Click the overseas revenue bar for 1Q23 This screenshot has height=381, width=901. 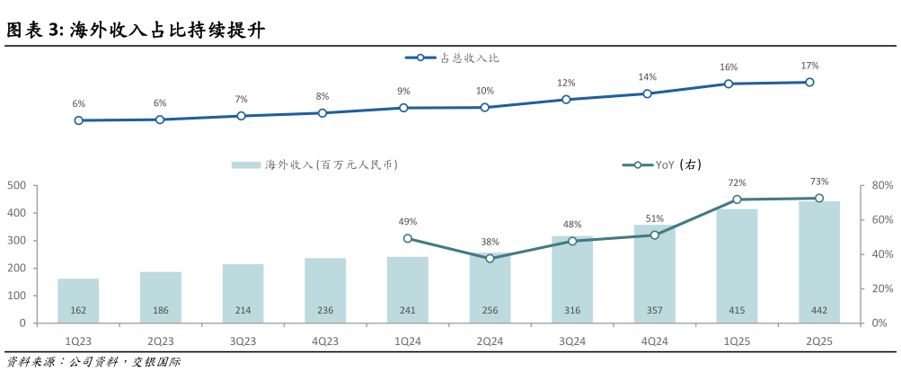[78, 301]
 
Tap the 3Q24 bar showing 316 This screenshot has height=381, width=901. [572, 279]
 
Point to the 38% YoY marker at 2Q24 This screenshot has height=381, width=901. [490, 258]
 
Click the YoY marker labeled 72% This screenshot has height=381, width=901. [737, 199]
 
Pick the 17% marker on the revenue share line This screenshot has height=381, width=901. [809, 82]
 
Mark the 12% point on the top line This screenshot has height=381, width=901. [566, 100]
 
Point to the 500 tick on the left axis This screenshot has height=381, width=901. [16, 186]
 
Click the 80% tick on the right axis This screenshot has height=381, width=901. [879, 186]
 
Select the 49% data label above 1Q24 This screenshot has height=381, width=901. [407, 222]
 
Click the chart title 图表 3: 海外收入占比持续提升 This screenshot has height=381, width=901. [135, 31]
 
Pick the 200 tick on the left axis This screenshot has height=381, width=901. [16, 269]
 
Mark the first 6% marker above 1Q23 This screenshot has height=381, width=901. [79, 120]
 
